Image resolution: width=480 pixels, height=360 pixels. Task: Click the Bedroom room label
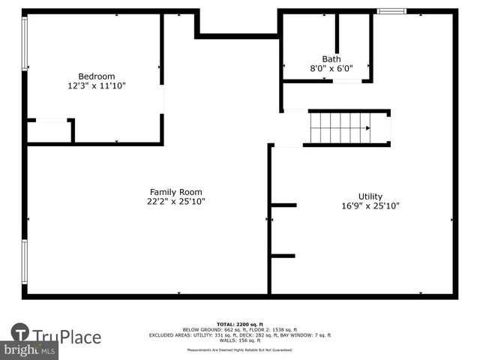coord(97,76)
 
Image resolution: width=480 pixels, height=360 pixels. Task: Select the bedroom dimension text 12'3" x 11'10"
coord(97,86)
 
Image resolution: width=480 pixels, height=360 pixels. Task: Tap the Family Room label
coord(175,192)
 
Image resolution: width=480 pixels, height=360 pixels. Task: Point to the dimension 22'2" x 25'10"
coord(175,202)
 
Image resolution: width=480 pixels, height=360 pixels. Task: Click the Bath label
coord(331,59)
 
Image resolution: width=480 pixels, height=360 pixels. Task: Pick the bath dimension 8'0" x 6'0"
coord(331,68)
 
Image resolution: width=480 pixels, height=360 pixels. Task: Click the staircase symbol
coord(341,127)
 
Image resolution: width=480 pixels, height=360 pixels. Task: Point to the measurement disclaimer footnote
coord(240,349)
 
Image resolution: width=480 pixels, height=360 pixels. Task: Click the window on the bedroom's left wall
coord(25,45)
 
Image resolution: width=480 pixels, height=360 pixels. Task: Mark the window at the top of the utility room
coord(391,11)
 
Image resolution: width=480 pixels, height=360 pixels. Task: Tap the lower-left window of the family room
coord(25,267)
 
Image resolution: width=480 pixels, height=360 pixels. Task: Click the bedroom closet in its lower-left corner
coord(49,131)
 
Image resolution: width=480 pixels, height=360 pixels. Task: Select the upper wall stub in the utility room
coord(283,205)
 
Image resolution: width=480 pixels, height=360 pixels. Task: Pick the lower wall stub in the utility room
coord(283,256)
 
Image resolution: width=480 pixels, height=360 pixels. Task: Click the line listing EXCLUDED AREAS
coord(240,335)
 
